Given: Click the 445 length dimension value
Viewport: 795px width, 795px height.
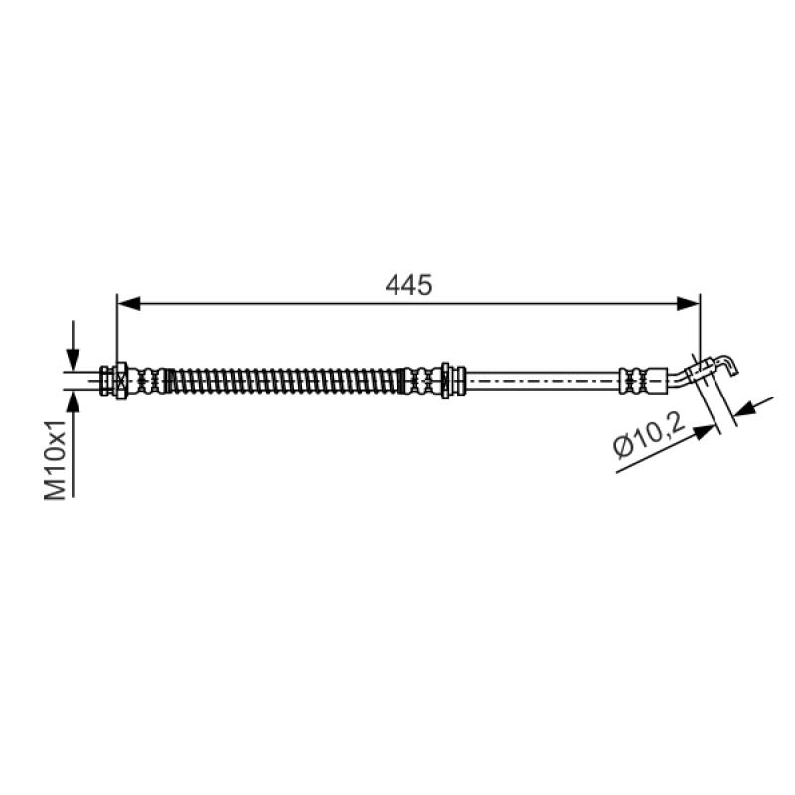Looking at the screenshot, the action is click(x=408, y=285).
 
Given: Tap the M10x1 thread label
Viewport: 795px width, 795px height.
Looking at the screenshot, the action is click(x=55, y=459).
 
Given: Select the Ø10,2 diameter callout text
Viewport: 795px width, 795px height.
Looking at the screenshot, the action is click(x=649, y=434).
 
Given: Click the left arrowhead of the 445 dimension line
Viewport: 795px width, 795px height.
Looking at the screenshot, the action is click(x=129, y=304).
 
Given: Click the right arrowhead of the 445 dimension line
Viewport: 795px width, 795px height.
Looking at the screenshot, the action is click(x=688, y=304).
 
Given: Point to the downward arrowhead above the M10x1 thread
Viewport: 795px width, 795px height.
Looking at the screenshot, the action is click(x=73, y=360).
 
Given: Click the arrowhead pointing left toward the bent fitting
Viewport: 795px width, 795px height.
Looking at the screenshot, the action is click(x=746, y=408).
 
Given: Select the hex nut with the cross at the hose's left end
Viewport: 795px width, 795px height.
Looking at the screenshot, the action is click(x=121, y=381).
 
